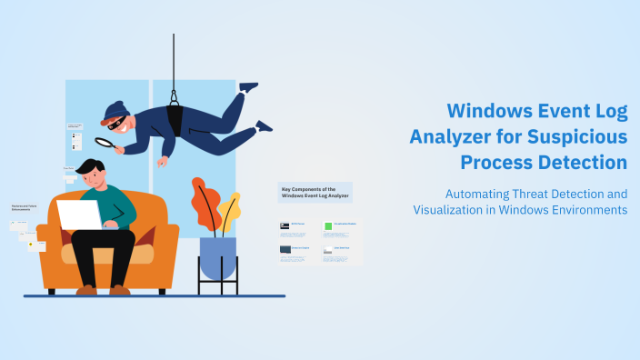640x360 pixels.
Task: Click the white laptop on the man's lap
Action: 80,215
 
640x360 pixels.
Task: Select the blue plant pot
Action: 217,258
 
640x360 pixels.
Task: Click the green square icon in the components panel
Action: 328,225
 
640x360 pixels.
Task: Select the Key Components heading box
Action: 315,191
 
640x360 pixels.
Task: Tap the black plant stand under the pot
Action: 217,285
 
